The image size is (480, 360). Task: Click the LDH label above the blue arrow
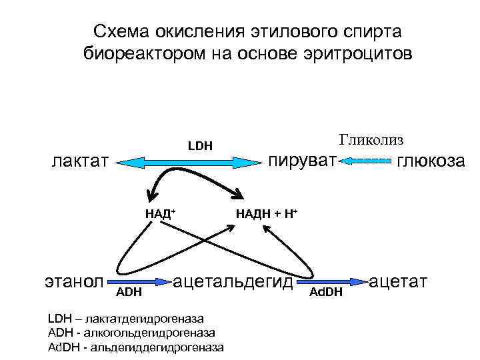click(200, 145)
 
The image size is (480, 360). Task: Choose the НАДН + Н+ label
click(266, 213)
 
